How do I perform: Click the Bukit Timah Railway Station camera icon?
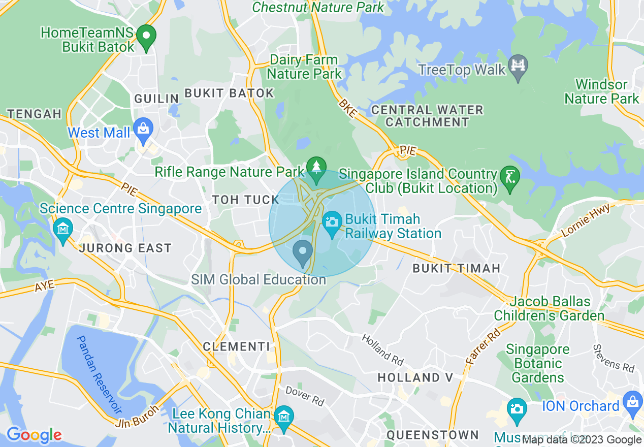pyautogui.click(x=332, y=223)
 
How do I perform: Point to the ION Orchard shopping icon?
pyautogui.click(x=632, y=403)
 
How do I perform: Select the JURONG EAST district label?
pyautogui.click(x=125, y=248)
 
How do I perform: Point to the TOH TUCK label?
pyautogui.click(x=246, y=200)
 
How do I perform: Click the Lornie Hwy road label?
pyautogui.click(x=586, y=225)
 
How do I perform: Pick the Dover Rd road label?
pyautogui.click(x=305, y=396)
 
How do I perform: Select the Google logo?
pyautogui.click(x=34, y=435)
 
